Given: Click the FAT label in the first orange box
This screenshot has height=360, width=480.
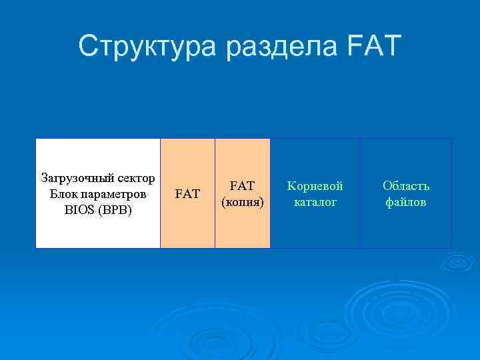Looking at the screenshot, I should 187,194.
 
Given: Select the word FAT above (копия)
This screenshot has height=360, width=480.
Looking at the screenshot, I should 243,186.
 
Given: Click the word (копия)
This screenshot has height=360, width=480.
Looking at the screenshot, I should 243,201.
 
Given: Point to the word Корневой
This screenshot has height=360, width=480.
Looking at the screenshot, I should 315,186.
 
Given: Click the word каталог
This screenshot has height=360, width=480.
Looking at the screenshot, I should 315,201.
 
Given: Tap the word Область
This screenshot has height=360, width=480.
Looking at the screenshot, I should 406,186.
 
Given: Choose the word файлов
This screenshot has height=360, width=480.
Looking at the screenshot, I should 406,201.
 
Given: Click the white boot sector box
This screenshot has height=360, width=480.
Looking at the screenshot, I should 97,230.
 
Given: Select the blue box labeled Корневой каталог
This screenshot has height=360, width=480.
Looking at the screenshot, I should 315,227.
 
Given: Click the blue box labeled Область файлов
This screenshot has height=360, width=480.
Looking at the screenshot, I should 406,227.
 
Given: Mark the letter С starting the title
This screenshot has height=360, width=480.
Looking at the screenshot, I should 88,46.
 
